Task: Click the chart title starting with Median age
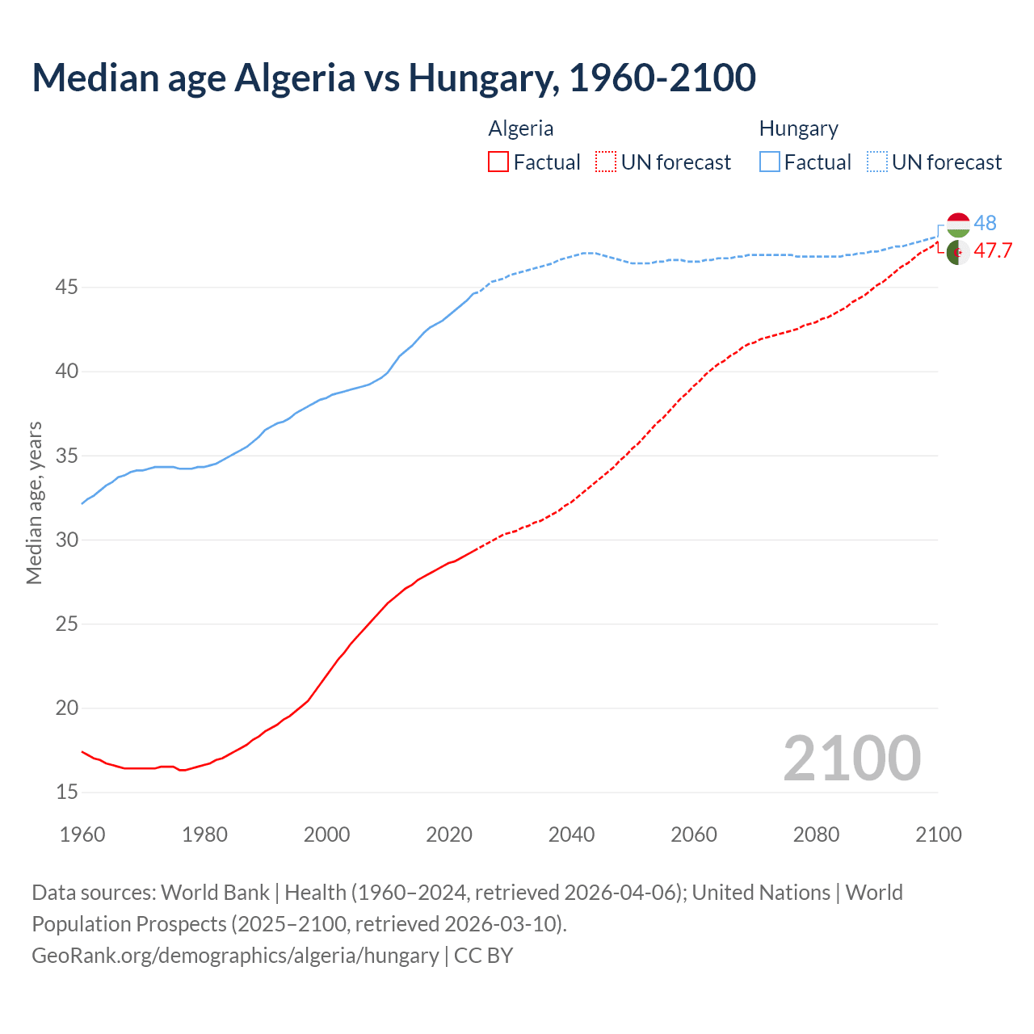tap(393, 78)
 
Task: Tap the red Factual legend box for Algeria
tap(498, 162)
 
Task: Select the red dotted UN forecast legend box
tap(606, 162)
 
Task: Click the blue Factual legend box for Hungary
tap(770, 162)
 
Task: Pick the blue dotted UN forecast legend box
tap(877, 162)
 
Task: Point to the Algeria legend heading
tap(521, 128)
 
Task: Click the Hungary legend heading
tap(798, 128)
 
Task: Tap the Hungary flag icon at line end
tap(958, 225)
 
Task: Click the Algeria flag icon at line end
tap(958, 252)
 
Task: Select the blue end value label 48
tap(985, 223)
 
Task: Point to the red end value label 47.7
tap(993, 251)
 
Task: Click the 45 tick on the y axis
tap(67, 288)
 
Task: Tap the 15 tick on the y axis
tap(67, 792)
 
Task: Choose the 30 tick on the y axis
tap(67, 540)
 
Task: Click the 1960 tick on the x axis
tap(82, 834)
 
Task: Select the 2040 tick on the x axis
tap(571, 834)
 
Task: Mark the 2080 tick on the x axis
tap(816, 834)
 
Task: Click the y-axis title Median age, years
tap(34, 502)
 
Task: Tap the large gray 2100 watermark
tap(851, 758)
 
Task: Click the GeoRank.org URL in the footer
tap(235, 956)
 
